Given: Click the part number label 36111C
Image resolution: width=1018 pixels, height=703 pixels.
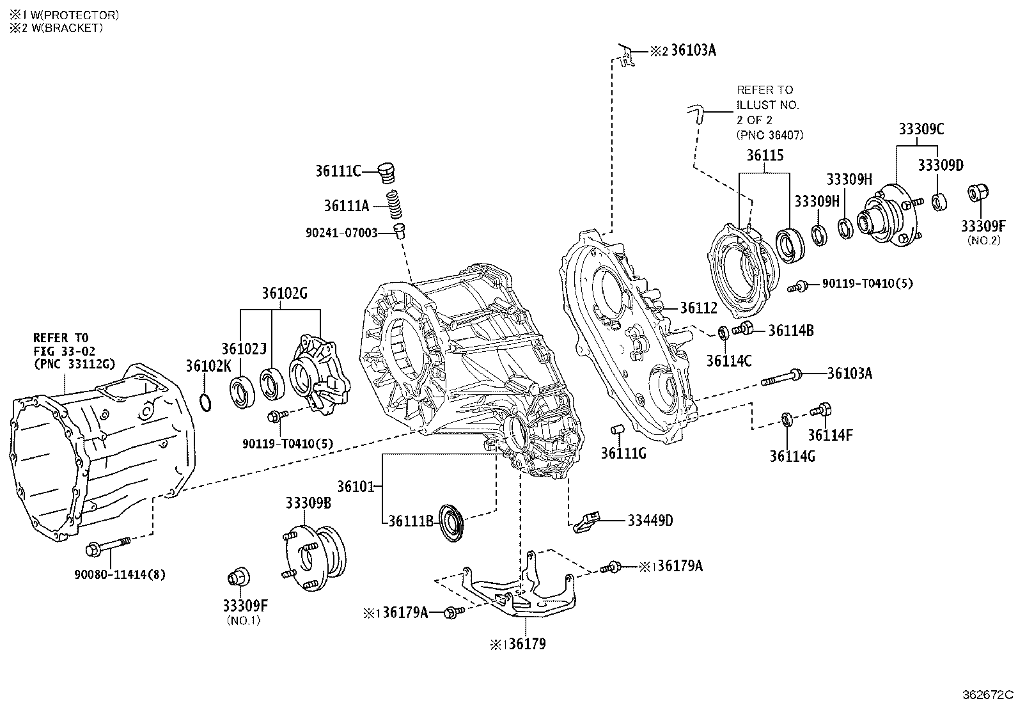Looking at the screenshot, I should [338, 171].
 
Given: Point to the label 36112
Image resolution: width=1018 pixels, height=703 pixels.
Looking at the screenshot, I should [698, 308].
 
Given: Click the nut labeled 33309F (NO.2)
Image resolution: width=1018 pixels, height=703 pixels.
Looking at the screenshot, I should [978, 193].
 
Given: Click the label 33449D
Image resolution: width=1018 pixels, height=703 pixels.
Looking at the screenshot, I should [650, 520].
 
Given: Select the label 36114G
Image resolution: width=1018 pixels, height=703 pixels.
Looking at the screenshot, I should [792, 456].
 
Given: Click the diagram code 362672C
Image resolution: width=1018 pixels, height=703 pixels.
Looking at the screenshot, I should [989, 694].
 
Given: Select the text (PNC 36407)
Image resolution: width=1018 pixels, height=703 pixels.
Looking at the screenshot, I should [769, 135].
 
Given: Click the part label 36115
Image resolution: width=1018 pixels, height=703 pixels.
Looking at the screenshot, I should [765, 155].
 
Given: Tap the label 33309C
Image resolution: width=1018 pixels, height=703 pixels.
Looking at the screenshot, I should [921, 129].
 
